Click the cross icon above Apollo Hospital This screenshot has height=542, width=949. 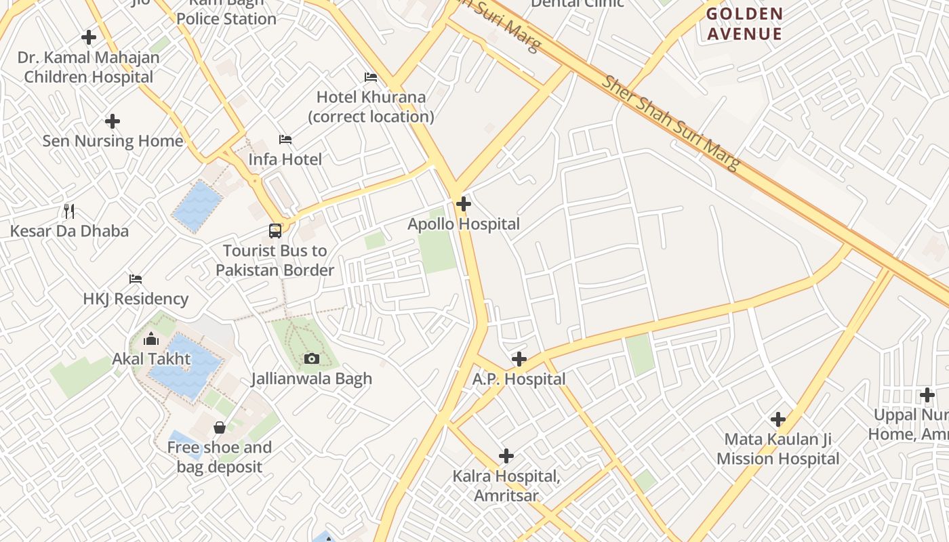pos(464,203)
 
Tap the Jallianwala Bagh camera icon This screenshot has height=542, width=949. pos(312,358)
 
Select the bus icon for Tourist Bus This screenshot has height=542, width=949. pos(275,230)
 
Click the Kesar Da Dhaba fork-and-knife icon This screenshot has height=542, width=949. pos(69,211)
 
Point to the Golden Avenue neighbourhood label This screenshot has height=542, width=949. pos(744,24)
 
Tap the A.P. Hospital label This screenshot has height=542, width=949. pos(519,379)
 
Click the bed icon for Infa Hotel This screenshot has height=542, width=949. pos(285,140)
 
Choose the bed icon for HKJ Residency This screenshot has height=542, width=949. pos(136,278)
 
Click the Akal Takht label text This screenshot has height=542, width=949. pos(151,358)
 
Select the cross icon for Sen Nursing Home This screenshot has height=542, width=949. pos(113,121)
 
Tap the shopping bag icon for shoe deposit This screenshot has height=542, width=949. pos(220,428)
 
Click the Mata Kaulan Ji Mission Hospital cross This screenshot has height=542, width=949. pos(778,419)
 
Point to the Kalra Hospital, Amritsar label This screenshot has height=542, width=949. pos(506,486)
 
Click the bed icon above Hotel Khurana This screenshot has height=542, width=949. pos(371,77)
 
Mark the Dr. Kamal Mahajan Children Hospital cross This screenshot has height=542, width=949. pos(89,37)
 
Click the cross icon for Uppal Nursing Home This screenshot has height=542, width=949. pos(927,395)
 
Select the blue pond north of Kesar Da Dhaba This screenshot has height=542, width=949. pos(197,206)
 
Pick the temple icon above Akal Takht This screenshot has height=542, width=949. pos(151,338)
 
